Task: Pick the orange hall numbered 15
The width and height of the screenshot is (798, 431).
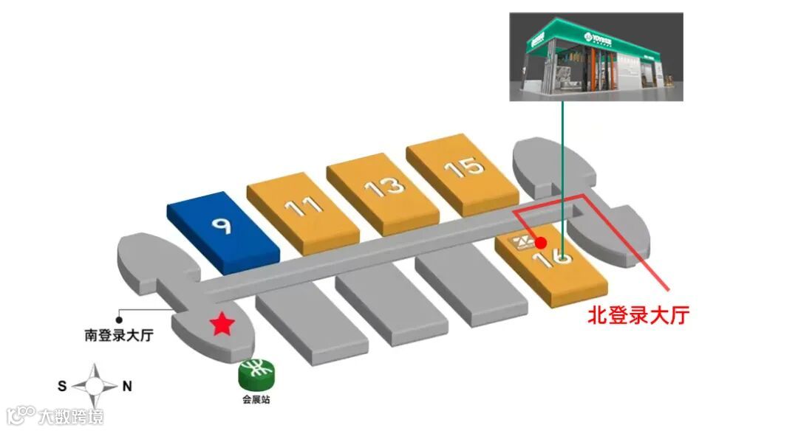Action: [463, 170]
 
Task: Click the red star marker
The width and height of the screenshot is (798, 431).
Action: [220, 324]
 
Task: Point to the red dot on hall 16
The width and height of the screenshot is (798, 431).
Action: [541, 242]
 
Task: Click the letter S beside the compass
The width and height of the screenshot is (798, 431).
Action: [62, 385]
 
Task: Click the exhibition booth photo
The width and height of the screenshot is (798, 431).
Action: [596, 57]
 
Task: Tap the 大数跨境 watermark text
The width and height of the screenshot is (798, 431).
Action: [71, 416]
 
